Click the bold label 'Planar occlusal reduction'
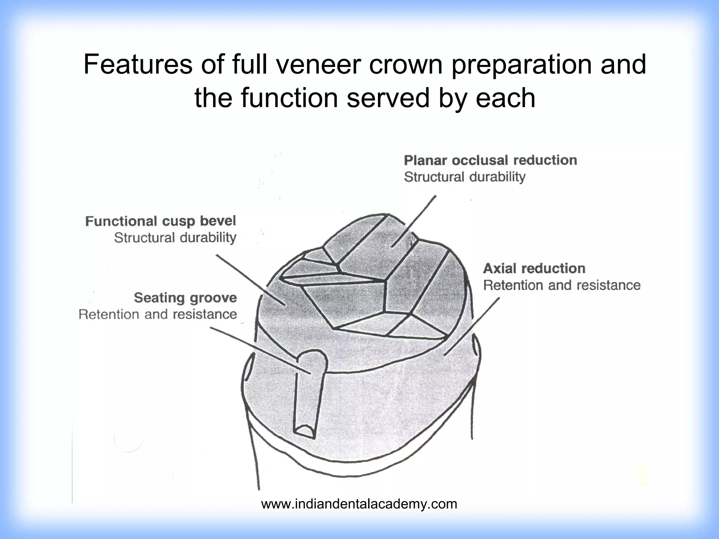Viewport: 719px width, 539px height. tap(490, 160)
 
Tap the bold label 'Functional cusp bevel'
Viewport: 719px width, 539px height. tap(160, 221)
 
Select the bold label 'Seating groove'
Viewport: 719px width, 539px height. tap(185, 298)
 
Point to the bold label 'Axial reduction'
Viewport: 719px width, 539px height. tap(534, 268)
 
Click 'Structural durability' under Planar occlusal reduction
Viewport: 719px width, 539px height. tap(464, 177)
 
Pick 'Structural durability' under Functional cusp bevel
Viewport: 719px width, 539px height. tap(175, 238)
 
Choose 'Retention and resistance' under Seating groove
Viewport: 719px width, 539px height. tap(158, 314)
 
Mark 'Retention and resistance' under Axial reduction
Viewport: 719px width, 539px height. tap(562, 285)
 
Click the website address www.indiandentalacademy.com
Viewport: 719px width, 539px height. tap(359, 504)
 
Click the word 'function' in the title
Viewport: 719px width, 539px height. tap(289, 98)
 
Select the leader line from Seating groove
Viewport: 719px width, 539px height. tap(260, 351)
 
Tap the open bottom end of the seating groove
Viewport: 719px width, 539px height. tap(304, 431)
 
